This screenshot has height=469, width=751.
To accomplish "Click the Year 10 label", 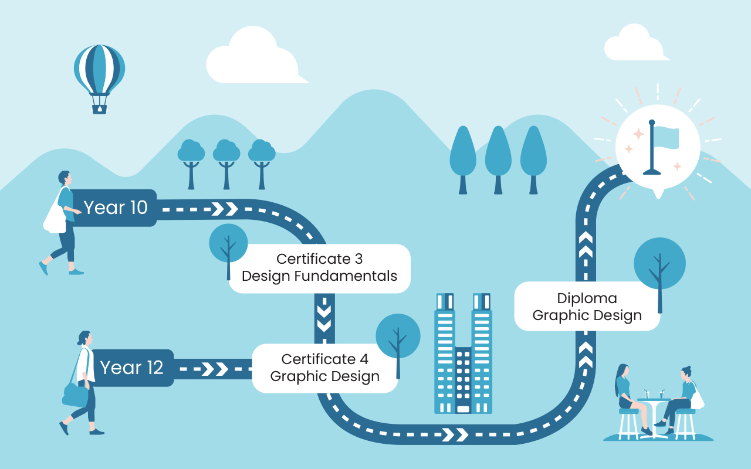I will (x=116, y=208).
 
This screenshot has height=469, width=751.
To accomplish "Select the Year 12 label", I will (x=131, y=368).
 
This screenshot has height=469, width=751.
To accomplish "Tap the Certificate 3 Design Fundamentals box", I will (x=319, y=268).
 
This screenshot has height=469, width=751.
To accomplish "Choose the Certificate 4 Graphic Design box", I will (x=324, y=368).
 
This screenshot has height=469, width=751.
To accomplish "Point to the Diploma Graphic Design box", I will (x=587, y=307).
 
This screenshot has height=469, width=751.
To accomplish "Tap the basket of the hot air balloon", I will (x=100, y=108).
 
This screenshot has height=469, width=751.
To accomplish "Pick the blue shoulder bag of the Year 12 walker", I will (x=75, y=396).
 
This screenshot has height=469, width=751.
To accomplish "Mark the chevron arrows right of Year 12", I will (x=214, y=369).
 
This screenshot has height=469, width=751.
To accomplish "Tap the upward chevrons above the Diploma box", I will (x=586, y=246).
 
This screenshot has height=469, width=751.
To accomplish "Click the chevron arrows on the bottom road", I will (x=455, y=434).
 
